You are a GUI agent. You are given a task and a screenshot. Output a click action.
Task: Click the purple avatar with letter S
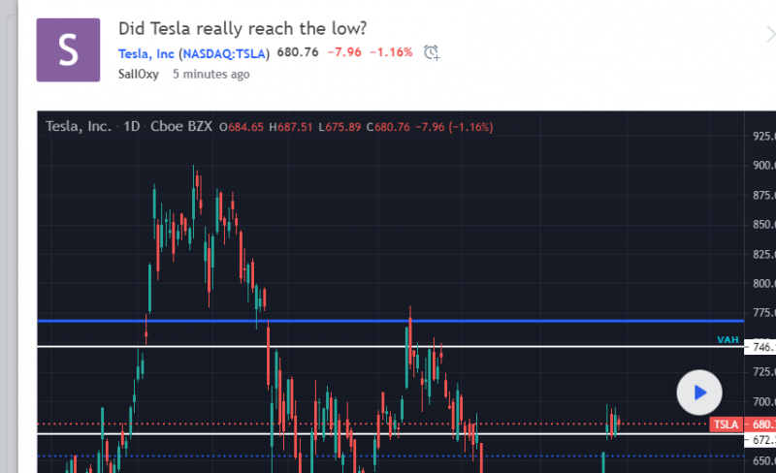tap(68, 49)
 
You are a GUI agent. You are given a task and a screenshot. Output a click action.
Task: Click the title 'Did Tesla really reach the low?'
tap(242, 28)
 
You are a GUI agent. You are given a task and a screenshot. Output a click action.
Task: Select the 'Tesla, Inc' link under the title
tap(146, 52)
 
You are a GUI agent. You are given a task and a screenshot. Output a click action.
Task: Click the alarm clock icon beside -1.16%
tap(432, 52)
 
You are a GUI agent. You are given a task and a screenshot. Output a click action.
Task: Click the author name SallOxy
tap(139, 74)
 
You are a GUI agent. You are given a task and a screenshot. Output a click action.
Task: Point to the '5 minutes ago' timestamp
tap(210, 74)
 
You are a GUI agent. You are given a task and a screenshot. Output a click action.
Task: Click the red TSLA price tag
tap(725, 425)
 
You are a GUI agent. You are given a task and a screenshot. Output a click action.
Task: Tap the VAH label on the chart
tap(728, 339)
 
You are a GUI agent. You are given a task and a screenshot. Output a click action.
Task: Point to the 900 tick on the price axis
tap(763, 165)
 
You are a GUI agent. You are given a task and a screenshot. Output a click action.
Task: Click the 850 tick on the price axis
tap(763, 225)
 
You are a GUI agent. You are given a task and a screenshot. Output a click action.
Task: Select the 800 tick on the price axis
tap(763, 284)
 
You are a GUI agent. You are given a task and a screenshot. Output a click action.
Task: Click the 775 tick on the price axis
tap(763, 313)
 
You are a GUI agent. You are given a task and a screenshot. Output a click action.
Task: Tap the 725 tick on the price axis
tap(763, 372)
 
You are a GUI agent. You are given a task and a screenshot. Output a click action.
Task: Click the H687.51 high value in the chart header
tap(292, 127)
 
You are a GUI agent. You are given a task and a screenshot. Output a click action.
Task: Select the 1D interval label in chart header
tap(132, 127)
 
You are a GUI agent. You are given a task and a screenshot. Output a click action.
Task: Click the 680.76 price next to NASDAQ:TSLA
tap(298, 52)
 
